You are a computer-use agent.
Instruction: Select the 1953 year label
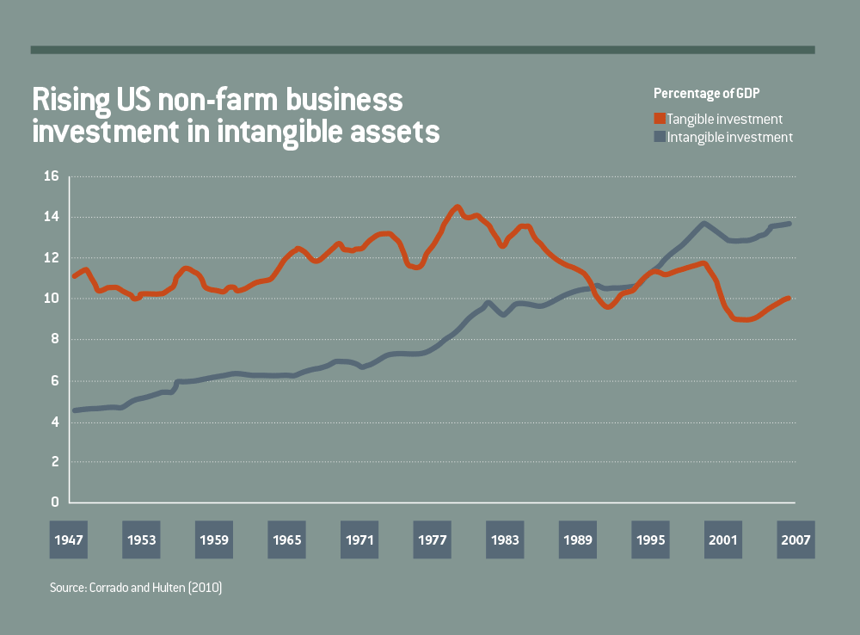point(142,540)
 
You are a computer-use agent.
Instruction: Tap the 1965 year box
point(287,540)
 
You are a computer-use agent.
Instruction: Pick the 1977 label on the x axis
point(433,540)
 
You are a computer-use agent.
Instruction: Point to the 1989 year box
point(578,540)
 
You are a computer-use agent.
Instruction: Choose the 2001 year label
point(723,540)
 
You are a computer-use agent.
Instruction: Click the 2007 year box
point(795,540)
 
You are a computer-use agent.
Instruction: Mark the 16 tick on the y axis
point(51,176)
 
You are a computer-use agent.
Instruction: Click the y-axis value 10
point(51,299)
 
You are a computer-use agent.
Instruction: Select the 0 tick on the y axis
point(54,502)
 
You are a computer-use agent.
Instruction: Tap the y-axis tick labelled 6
point(54,380)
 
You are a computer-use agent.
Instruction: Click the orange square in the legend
point(659,119)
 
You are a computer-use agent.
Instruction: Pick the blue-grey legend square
point(659,136)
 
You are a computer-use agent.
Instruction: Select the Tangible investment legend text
point(724,119)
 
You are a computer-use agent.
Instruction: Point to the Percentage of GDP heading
point(707,93)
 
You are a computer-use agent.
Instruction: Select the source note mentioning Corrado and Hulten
point(137,589)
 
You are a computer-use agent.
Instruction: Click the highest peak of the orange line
point(457,207)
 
